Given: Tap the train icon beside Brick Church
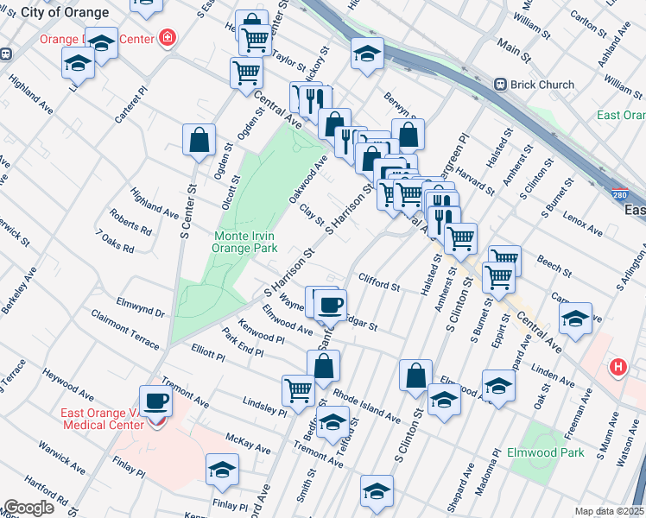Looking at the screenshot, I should coord(499,85).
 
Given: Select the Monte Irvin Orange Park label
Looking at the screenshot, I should coord(246,241).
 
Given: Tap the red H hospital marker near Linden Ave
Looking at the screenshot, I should coord(617,368).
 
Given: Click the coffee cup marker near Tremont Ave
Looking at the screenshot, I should coord(155,400).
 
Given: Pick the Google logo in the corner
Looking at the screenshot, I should coord(28,508).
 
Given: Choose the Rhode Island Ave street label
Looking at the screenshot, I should coord(367,407).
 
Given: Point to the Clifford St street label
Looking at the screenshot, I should coord(379,282).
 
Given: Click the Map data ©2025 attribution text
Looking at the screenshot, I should coord(609,511).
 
